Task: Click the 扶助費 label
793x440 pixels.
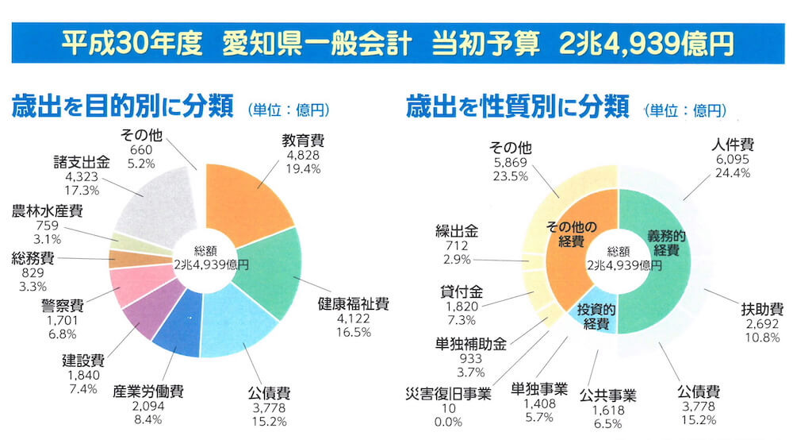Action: tap(762, 309)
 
